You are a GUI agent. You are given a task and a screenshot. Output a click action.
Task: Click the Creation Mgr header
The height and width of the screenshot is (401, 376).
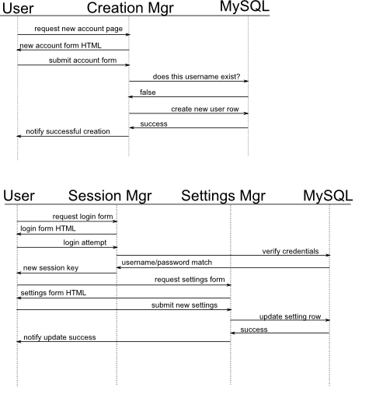coord(131,8)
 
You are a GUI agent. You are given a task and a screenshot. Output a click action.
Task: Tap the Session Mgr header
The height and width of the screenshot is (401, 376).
coord(110,196)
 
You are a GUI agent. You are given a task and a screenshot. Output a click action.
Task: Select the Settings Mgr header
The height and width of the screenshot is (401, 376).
coord(223,196)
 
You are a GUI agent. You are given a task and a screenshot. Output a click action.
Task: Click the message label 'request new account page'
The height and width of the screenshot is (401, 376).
coord(78,29)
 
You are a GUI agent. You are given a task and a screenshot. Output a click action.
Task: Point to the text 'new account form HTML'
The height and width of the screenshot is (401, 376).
coord(61,46)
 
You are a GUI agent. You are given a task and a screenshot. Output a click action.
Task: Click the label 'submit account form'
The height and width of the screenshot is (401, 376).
coord(82,61)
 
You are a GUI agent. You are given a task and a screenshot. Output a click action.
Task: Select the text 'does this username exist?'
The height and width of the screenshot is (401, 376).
coord(197,77)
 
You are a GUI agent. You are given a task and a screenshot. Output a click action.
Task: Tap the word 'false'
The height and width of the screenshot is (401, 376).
coord(148,92)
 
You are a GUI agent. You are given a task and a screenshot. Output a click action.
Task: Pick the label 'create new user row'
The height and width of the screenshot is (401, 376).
coord(205,109)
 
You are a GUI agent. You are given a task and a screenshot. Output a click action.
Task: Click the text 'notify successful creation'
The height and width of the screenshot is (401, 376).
coord(68,131)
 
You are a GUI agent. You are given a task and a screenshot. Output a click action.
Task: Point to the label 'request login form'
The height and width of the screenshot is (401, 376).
coord(82,217)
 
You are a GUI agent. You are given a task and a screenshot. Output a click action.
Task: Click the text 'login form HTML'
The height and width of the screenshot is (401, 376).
coord(48,228)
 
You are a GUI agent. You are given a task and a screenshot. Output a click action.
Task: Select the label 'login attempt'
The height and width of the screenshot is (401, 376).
coord(85,242)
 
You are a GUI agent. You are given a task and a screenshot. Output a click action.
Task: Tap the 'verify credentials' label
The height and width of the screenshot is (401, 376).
coord(291,251)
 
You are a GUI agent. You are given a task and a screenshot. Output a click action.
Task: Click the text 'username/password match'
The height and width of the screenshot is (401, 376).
coord(167,263)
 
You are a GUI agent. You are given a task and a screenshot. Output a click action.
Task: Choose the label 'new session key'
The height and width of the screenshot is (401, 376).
coord(50,268)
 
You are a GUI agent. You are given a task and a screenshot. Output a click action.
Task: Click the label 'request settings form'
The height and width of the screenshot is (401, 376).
coord(190,280)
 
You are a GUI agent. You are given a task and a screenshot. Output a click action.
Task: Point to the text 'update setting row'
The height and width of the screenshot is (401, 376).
coord(290,316)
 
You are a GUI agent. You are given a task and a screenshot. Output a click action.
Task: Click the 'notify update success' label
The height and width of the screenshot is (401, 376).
coord(60,337)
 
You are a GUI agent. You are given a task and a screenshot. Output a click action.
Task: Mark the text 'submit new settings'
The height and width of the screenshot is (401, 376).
coord(184,305)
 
